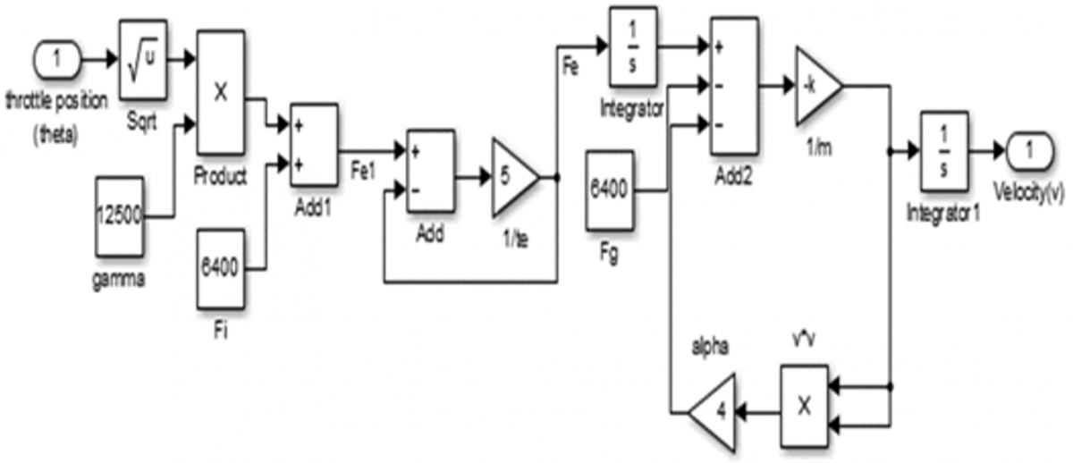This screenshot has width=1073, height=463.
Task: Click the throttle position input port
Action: (x=57, y=59)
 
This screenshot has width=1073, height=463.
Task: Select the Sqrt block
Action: (x=143, y=59)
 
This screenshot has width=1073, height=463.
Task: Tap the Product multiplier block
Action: (x=221, y=92)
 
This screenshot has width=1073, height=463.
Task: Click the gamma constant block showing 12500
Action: (x=119, y=216)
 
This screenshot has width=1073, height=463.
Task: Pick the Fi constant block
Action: (x=220, y=269)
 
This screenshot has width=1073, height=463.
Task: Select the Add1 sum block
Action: (x=314, y=145)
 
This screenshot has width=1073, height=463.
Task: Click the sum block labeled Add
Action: (x=430, y=171)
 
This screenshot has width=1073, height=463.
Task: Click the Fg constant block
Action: (x=610, y=190)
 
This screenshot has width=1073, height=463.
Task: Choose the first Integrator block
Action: (x=633, y=46)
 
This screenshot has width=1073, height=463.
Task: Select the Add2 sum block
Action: (x=734, y=86)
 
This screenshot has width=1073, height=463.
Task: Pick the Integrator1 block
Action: (x=944, y=151)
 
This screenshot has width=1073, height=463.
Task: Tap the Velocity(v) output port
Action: (x=1029, y=151)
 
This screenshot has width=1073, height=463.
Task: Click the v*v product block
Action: (x=805, y=407)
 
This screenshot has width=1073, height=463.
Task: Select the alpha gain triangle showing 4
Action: (x=713, y=412)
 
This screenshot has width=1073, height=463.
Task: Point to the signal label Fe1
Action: (x=363, y=171)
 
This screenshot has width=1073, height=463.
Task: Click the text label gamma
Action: (x=118, y=279)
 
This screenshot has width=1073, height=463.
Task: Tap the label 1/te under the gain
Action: (x=515, y=239)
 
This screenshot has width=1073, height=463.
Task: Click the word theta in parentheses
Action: (x=55, y=136)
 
